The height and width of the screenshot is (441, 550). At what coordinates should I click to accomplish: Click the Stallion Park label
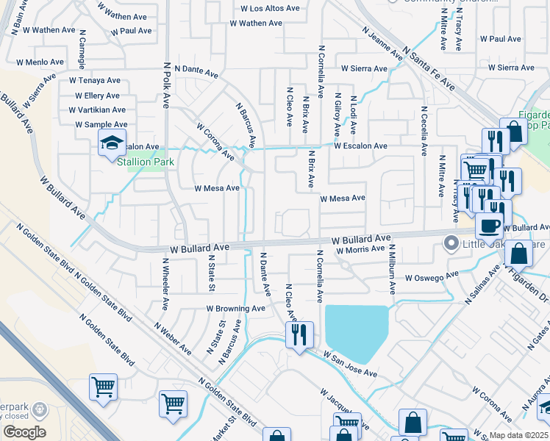click(x=145, y=161)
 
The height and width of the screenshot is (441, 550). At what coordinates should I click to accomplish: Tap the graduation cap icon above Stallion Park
click(x=112, y=143)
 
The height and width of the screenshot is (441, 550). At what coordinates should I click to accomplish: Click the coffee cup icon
click(x=490, y=226)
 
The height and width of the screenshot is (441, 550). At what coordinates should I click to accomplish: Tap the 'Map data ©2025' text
click(x=519, y=435)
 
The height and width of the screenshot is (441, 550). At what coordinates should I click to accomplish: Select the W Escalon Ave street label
click(x=360, y=146)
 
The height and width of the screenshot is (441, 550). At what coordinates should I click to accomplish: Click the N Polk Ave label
click(x=167, y=85)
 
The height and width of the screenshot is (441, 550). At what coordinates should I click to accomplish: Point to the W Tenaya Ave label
click(x=94, y=80)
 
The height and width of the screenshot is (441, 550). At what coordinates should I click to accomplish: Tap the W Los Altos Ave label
click(x=270, y=9)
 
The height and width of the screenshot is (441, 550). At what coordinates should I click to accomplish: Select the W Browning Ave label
click(x=235, y=309)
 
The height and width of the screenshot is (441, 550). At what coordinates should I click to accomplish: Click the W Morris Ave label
click(x=361, y=251)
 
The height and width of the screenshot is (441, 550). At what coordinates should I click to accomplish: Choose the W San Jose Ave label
click(x=350, y=364)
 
